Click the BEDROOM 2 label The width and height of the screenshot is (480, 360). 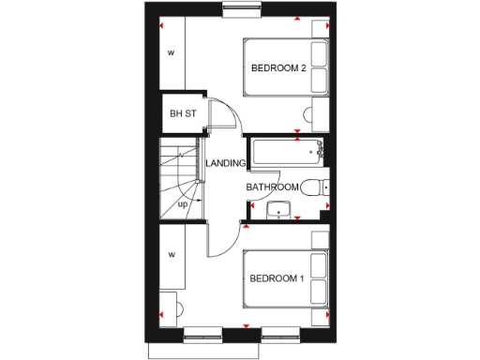point(278,67)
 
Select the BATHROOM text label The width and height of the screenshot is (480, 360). point(272,187)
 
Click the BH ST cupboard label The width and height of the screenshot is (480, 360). point(182,114)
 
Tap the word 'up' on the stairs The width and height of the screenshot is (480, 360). point(183,203)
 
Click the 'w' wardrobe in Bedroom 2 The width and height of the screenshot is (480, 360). point(172,52)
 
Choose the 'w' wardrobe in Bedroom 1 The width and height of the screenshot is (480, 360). point(172,254)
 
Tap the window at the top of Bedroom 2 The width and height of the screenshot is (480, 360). point(243,11)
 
